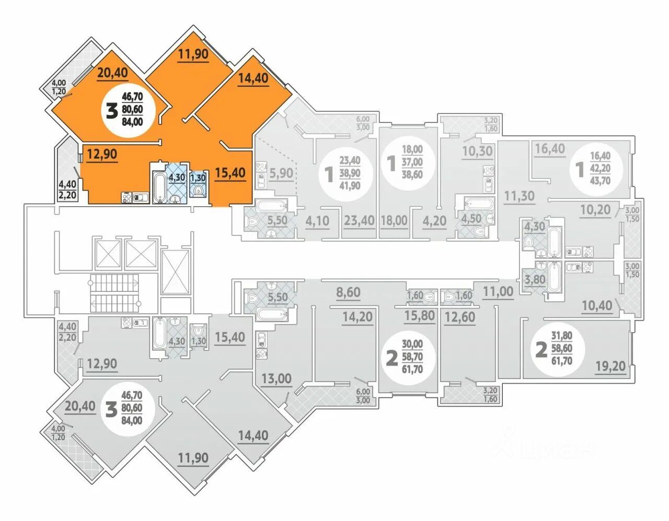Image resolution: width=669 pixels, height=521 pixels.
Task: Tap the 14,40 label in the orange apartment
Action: point(253,78)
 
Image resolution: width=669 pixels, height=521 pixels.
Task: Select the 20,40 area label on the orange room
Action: point(112,73)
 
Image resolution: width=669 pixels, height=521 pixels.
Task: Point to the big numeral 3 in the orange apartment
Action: point(111,110)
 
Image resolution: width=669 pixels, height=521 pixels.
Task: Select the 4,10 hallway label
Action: point(317,220)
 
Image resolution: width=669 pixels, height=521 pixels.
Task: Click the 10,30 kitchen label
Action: point(477,151)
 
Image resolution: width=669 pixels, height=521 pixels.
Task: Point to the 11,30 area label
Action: point(519,196)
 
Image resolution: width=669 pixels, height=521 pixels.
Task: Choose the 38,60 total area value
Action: point(412,174)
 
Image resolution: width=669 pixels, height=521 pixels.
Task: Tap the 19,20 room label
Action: point(610,366)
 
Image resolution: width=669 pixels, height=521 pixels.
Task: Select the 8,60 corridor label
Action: point(348,292)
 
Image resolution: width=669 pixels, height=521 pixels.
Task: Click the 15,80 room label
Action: point(420,315)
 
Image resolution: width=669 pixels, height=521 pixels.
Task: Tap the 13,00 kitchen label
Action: point(276,378)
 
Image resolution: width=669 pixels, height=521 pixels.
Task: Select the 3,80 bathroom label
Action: point(535,279)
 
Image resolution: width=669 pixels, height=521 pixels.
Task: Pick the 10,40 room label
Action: point(596,305)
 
